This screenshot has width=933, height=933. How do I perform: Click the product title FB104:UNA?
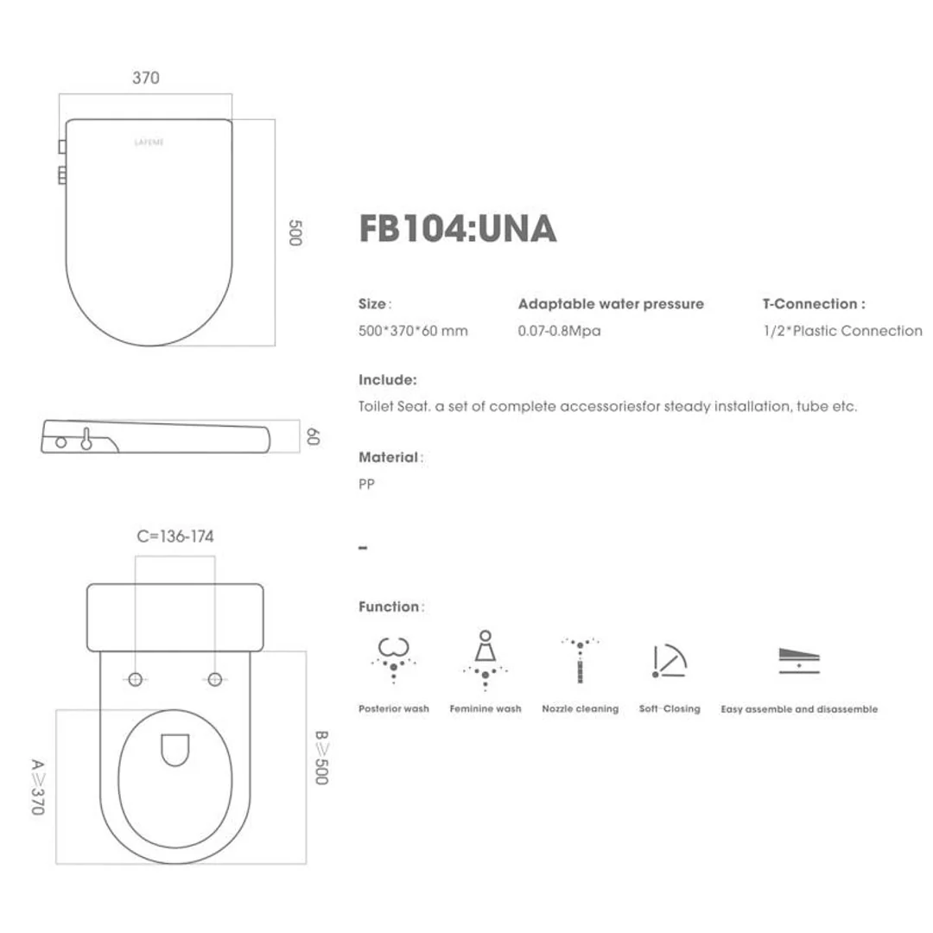(457, 229)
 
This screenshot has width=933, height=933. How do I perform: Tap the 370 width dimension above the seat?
(146, 78)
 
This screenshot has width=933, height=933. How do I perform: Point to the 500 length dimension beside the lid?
(295, 234)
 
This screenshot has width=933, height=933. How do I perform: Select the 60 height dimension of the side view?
(312, 438)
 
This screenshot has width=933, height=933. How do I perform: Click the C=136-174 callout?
(175, 536)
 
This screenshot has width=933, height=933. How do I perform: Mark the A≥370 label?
(38, 788)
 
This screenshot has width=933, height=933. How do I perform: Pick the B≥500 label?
(321, 758)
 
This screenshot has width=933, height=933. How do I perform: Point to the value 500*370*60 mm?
(413, 331)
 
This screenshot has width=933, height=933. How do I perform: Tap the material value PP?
(366, 485)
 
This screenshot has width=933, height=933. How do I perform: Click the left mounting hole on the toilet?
(135, 679)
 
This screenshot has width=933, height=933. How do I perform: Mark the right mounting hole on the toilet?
(214, 679)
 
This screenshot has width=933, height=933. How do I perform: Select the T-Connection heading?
(813, 304)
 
